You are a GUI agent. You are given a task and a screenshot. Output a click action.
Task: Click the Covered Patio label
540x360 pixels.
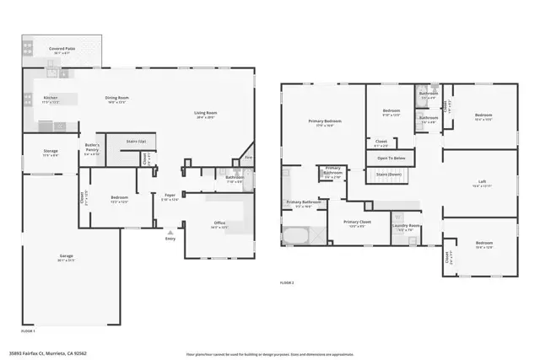pyautogui.click(x=62, y=50)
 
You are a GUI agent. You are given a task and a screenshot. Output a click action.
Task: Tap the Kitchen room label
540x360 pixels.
pyautogui.click(x=51, y=99)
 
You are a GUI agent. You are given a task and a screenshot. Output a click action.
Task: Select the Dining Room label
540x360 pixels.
pyautogui.click(x=116, y=99)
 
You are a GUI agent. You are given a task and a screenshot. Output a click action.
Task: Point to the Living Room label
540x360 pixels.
pyautogui.click(x=206, y=114)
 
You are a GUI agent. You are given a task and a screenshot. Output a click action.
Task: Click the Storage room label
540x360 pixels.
pyautogui.click(x=51, y=152)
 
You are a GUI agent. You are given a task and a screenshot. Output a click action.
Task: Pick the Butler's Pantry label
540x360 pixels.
pyautogui.click(x=92, y=147)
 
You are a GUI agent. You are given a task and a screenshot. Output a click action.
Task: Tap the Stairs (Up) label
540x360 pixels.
pyautogui.click(x=136, y=141)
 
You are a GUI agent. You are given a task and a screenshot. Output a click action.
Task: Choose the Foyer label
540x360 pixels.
pyautogui.click(x=170, y=197)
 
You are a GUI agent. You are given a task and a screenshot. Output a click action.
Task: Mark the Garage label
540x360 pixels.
pyautogui.click(x=65, y=257)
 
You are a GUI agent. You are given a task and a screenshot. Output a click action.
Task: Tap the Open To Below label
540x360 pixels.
pyautogui.click(x=391, y=158)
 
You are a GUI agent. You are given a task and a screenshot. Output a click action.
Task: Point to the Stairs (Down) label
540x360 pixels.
pyautogui.click(x=386, y=175)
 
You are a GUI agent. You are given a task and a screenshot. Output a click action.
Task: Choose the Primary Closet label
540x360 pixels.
pyautogui.click(x=354, y=223)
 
